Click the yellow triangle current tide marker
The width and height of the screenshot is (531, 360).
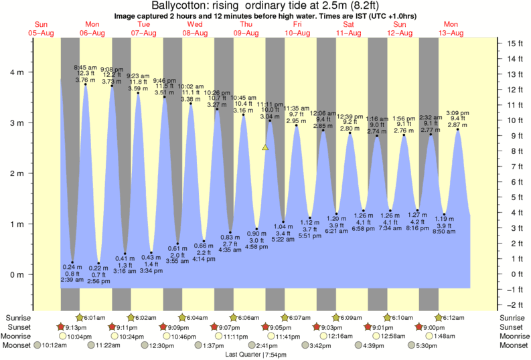pyautogui.click(x=266, y=147)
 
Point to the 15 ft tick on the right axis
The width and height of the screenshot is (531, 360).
pyautogui.click(x=514, y=43)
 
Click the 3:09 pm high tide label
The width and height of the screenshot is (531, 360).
pyautogui.click(x=457, y=112)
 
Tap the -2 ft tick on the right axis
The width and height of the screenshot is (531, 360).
pyautogui.click(x=514, y=304)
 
